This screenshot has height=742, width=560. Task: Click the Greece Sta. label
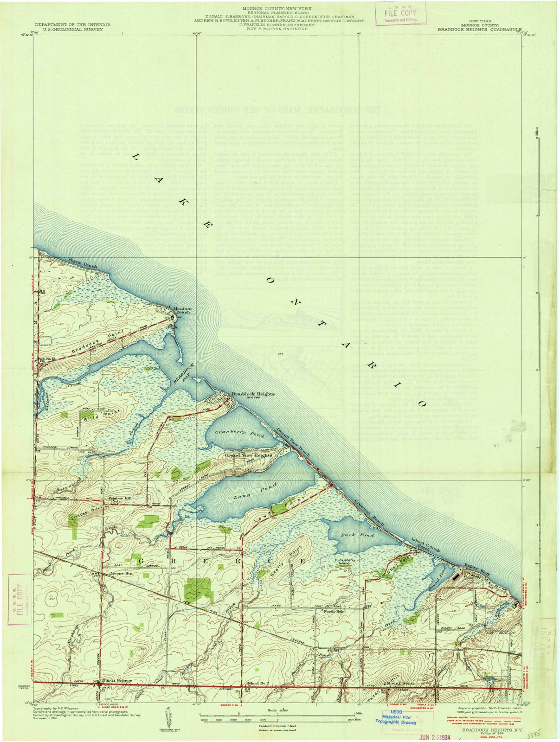click(118, 573)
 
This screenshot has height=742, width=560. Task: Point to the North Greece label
click(117, 680)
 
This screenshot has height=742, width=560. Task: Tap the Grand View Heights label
click(248, 455)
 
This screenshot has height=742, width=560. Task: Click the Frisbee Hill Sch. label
click(111, 499)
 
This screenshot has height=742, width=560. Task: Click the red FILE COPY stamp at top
click(401, 14)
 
